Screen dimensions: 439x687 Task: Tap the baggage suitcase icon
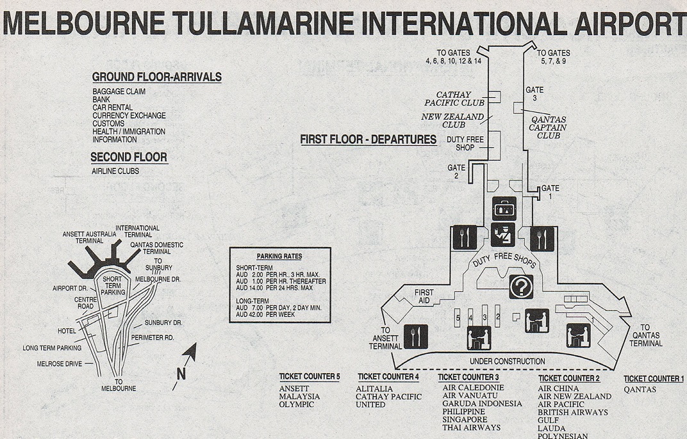coord(504,207)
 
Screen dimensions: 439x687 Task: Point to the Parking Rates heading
coord(279,256)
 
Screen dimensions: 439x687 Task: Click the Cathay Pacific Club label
coord(454,99)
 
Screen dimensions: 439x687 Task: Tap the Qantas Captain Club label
coord(548,127)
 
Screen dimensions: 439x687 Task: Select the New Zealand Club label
coord(452,121)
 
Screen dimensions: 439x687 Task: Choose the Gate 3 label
coord(534,93)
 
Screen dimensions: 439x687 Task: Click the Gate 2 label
coord(456,172)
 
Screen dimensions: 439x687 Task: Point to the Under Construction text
coord(507,362)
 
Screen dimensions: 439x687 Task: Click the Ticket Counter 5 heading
coord(310,376)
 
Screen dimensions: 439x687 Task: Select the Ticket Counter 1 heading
coord(653,379)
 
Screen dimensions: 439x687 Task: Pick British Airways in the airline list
coord(572,413)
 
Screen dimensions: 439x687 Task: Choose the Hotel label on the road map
coord(66,331)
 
